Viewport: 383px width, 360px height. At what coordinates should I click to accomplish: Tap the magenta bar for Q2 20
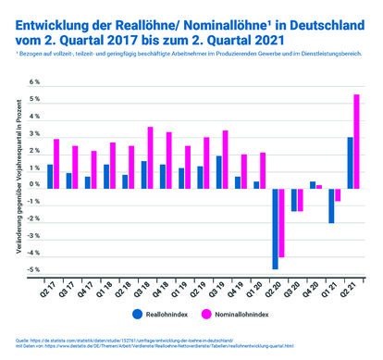click(282, 221)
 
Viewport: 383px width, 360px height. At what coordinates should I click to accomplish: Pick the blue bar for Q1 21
click(331, 205)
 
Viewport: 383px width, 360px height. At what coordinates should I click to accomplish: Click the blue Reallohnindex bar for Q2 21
click(349, 161)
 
